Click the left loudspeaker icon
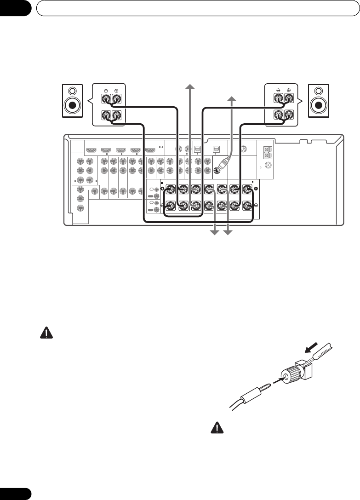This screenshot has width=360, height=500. (x=73, y=100)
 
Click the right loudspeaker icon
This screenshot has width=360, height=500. (x=319, y=100)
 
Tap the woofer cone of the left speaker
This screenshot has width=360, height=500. (x=73, y=106)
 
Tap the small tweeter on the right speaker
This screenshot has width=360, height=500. (x=319, y=91)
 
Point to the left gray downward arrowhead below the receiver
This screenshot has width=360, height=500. (x=214, y=234)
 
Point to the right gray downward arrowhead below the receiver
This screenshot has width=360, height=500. (x=227, y=234)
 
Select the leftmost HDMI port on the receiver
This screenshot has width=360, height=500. (x=91, y=150)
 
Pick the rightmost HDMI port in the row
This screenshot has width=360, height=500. (x=150, y=150)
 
